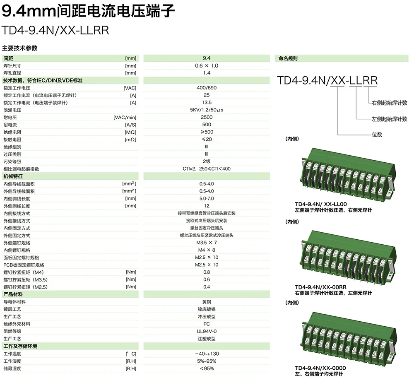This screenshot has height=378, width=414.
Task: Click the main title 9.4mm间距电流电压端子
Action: click(x=89, y=11)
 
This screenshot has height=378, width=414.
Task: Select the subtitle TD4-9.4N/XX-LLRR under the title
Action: click(x=55, y=31)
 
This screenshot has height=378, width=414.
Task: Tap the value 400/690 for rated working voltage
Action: click(x=207, y=88)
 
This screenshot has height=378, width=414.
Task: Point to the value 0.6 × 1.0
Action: click(x=207, y=66)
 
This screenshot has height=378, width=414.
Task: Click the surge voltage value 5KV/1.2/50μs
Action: click(x=207, y=110)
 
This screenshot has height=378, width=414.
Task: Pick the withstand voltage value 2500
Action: click(x=207, y=118)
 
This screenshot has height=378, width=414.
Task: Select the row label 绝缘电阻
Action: click(x=12, y=132)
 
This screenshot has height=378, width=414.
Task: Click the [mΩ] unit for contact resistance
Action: click(x=130, y=140)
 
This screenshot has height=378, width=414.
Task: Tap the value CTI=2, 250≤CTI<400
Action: click(x=207, y=169)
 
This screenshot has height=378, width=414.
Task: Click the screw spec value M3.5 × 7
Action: click(x=207, y=243)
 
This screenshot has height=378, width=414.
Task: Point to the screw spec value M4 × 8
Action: click(x=207, y=250)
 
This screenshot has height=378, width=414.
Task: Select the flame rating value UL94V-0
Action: click(x=207, y=331)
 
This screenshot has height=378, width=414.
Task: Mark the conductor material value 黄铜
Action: click(x=207, y=302)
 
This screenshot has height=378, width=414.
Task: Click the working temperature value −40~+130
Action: click(x=207, y=354)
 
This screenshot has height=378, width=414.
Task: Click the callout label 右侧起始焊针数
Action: click(x=389, y=103)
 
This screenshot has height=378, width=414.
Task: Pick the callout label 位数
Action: click(x=377, y=135)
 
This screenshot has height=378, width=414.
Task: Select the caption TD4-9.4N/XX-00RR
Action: click(x=320, y=287)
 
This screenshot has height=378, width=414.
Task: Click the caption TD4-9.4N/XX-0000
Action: click(x=320, y=368)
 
